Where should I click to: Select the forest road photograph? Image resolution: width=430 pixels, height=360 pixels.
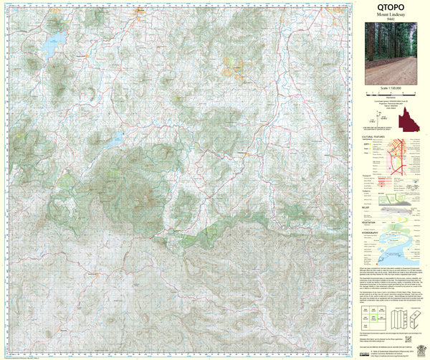click(391, 55)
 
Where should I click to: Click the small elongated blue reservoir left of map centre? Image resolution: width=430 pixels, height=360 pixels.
click(115, 138)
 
